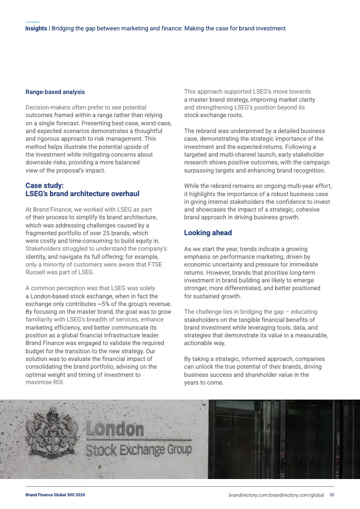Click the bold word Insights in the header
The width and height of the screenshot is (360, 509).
click(36, 28)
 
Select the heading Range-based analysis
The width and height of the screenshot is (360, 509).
click(55, 92)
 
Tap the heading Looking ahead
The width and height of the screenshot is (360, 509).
click(207, 233)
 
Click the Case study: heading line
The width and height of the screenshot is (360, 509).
click(44, 185)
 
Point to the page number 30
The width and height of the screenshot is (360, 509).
click(332, 494)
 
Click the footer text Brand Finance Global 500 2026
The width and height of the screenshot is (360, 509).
click(55, 495)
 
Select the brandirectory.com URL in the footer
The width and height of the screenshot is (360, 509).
click(276, 495)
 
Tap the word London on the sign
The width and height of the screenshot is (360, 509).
click(115, 430)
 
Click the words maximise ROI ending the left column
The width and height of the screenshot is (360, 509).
click(44, 382)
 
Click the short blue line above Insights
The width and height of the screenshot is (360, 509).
click(32, 22)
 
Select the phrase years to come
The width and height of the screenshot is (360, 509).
click(204, 382)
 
